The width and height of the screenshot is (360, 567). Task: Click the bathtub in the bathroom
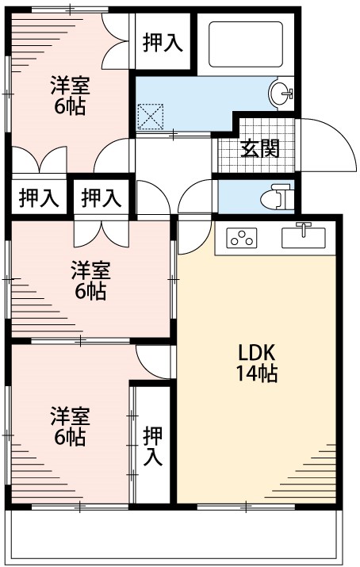(245, 46)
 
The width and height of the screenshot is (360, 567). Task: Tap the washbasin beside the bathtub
(281, 94)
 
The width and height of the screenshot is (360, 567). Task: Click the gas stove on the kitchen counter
(243, 237)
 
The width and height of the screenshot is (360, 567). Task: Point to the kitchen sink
(304, 236)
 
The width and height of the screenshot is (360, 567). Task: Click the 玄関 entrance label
(260, 148)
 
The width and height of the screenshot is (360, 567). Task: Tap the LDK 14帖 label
(255, 364)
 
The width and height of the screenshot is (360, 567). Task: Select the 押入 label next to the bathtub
(163, 43)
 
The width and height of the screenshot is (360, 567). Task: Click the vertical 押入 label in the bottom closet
(153, 446)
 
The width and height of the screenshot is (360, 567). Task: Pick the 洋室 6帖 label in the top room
(70, 95)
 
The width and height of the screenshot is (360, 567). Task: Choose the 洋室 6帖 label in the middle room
(90, 280)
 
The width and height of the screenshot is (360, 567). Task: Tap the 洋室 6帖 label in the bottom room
(70, 426)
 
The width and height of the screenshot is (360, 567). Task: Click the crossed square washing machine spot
(149, 117)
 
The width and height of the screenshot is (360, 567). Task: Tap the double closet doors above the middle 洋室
(99, 232)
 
